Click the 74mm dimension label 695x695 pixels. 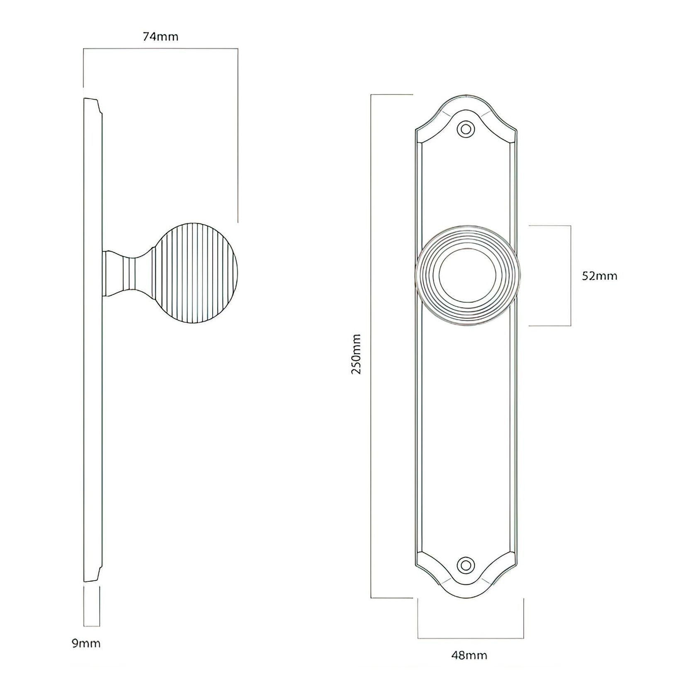(160, 37)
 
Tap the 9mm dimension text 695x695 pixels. (86, 643)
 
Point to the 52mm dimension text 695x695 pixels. (599, 276)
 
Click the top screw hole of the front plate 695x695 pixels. (466, 129)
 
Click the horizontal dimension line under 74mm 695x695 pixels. (160, 49)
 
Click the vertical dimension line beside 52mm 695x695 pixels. (571, 276)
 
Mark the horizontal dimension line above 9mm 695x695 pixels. (92, 626)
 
